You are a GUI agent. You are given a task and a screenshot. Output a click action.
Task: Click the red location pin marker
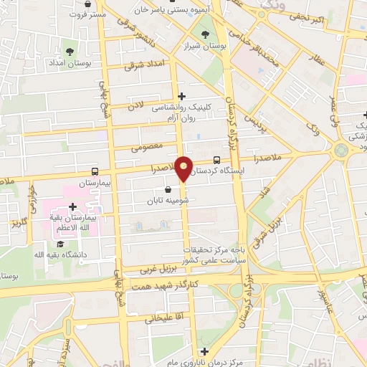pyautogui.click(x=184, y=168)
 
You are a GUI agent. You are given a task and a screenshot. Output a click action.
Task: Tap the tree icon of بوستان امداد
pyautogui.click(x=70, y=52)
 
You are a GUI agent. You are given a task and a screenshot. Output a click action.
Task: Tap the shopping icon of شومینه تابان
pyautogui.click(x=167, y=190)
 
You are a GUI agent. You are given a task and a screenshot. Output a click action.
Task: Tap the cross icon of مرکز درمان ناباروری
pyautogui.click(x=204, y=351)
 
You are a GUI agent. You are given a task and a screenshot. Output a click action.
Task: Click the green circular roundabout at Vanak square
pyautogui.click(x=340, y=150)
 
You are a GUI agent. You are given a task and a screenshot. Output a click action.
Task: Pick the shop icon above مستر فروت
pyautogui.click(x=87, y=4)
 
